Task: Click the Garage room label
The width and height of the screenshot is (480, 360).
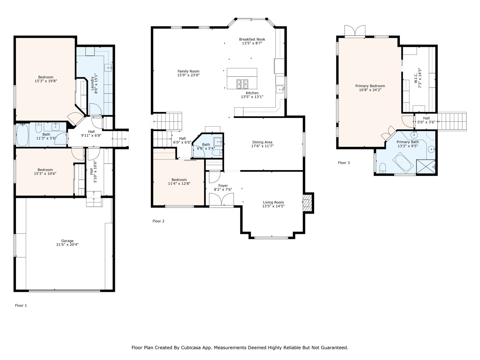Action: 67,241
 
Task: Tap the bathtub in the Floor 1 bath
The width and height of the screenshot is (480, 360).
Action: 22,135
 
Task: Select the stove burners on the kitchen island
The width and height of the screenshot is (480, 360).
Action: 242,84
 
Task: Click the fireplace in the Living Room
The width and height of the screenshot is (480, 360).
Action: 307,203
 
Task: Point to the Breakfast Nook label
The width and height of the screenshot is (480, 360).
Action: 252,39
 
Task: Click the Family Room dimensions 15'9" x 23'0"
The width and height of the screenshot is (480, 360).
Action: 188,75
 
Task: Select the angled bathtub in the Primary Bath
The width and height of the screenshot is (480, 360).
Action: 403,163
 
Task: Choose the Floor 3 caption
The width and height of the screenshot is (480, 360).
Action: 344,163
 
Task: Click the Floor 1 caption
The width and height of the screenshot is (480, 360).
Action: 21,305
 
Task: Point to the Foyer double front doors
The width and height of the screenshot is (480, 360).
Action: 221,199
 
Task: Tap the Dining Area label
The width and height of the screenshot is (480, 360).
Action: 262,142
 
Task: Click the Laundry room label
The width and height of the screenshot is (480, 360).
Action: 92,83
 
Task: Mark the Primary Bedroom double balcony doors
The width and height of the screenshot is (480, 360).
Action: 355,31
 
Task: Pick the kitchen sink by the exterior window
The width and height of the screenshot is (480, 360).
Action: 280,89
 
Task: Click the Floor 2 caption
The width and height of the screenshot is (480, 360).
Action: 158,221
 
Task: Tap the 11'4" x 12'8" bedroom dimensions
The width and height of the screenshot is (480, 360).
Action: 179,184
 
